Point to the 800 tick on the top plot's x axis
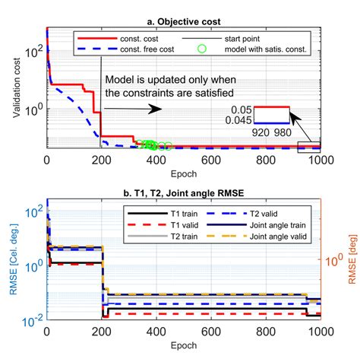pos(266,160)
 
